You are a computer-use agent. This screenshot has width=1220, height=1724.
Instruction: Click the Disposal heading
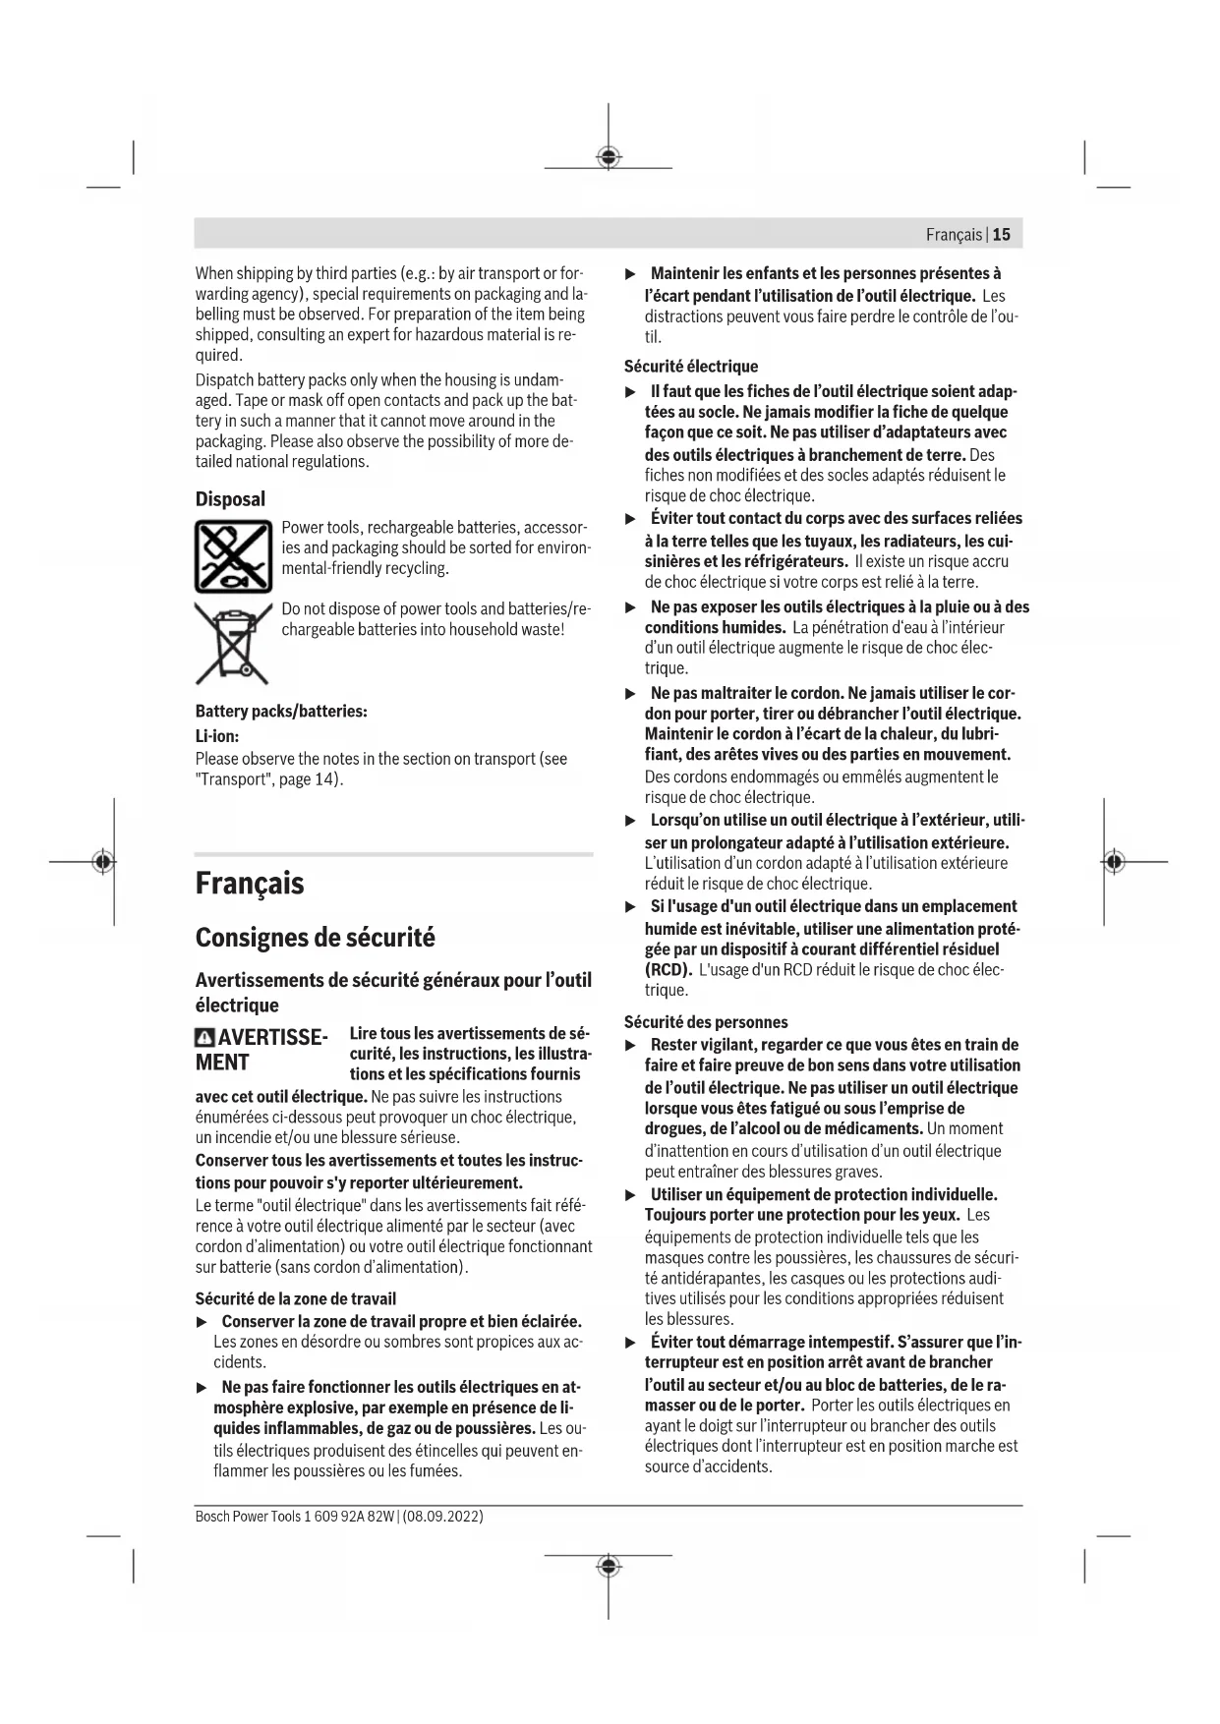(x=230, y=499)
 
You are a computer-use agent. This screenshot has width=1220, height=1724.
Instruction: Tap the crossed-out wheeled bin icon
(x=232, y=644)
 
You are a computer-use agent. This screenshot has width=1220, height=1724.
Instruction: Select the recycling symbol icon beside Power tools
(x=232, y=556)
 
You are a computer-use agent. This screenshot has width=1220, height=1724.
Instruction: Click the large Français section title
(x=250, y=883)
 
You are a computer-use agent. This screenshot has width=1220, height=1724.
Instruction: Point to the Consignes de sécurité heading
(x=315, y=937)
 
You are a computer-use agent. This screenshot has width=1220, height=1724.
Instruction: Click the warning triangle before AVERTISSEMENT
(x=204, y=1038)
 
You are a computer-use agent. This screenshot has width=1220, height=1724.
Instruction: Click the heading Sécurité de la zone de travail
(x=296, y=1298)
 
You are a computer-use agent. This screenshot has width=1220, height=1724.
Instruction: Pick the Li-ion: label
(x=217, y=735)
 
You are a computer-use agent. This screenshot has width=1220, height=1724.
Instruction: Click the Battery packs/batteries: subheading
(x=281, y=711)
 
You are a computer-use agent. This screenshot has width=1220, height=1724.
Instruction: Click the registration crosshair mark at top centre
(x=609, y=157)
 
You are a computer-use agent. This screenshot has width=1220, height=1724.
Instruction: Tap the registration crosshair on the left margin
(x=102, y=862)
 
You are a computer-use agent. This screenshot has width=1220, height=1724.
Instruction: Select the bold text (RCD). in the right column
(x=668, y=970)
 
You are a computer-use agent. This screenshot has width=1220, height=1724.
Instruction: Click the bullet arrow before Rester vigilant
(x=631, y=1046)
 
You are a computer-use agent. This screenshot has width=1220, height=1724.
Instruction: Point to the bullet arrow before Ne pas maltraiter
(x=631, y=694)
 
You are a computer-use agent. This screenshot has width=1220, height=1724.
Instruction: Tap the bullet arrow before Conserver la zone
(x=203, y=1322)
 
